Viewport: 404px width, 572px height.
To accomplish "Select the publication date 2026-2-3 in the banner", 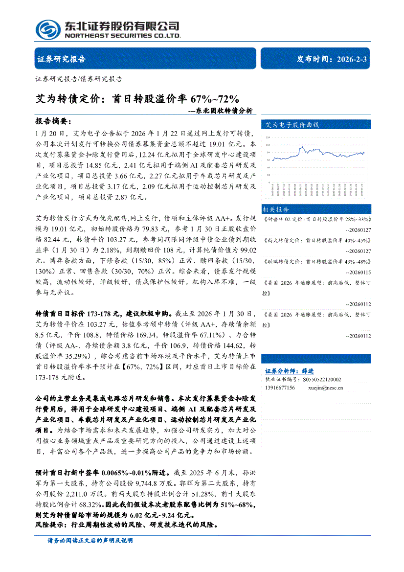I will coord(352,59).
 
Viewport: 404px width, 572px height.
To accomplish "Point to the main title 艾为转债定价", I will coord(69,98).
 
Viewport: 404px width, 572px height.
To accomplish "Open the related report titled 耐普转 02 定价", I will coord(317,219).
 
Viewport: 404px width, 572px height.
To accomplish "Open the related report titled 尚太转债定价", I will coord(317,240).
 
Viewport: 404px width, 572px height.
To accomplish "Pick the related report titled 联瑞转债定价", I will coord(317,261).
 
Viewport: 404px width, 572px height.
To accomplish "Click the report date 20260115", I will coord(358,272).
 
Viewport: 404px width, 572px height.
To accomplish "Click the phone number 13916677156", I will coord(280,388).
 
